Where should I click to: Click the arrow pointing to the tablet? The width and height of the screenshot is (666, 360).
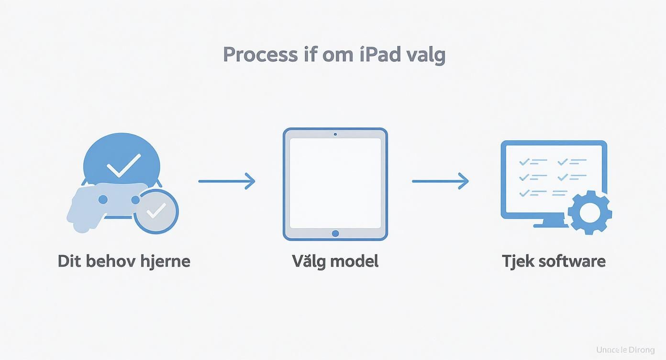coord(227,181)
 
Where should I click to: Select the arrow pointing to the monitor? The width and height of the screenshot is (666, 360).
coord(440,181)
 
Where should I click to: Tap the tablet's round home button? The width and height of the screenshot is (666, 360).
coord(335,233)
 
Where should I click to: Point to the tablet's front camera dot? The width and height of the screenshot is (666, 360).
coord(335,134)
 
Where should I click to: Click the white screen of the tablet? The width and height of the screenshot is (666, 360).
coord(335,183)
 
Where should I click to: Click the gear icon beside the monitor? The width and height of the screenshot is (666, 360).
coord(589,212)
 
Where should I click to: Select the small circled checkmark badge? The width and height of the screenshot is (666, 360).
coord(156,211)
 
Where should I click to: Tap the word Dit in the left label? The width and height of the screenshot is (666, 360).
coord(67,261)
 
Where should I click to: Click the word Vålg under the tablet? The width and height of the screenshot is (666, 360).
coord(309,261)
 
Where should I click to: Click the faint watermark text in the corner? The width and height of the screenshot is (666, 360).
coord(625,350)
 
